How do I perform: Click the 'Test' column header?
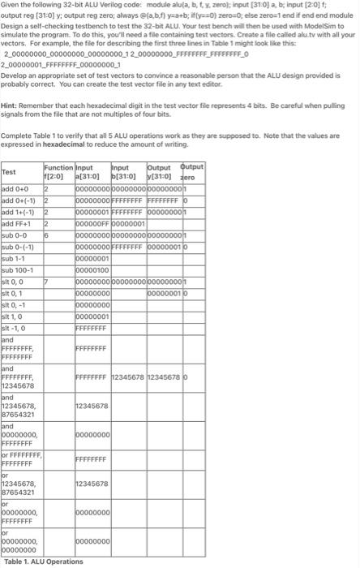click(10, 172)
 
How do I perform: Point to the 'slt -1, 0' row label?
click(16, 329)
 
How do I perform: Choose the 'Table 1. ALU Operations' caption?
click(43, 562)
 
